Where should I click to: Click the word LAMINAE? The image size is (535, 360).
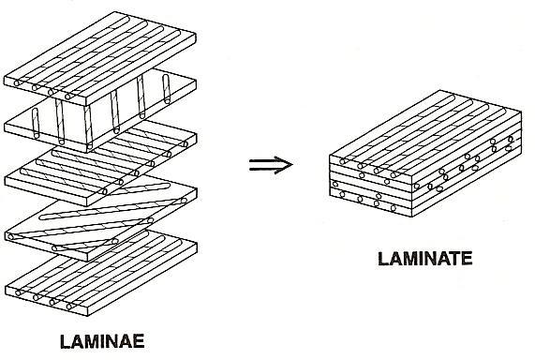point(102,341)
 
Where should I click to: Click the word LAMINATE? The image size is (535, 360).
point(425,259)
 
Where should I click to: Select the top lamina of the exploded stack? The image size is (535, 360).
point(100,58)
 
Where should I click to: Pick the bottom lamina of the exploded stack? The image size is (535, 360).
point(101,273)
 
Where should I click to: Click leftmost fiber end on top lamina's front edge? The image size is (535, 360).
point(17,83)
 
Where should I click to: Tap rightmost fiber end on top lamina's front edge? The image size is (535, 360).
point(67,97)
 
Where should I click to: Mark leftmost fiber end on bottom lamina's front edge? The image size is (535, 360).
point(18,292)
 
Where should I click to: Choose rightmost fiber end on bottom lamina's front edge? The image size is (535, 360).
point(69,307)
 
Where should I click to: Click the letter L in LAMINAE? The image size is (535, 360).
point(66,341)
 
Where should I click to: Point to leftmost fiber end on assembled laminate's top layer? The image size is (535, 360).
point(343,161)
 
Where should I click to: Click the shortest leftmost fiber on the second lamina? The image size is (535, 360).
point(36,124)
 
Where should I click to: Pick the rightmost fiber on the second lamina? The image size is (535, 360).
point(167,89)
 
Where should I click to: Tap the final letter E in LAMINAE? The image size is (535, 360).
point(138,341)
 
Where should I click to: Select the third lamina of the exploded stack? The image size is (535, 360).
point(100,162)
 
